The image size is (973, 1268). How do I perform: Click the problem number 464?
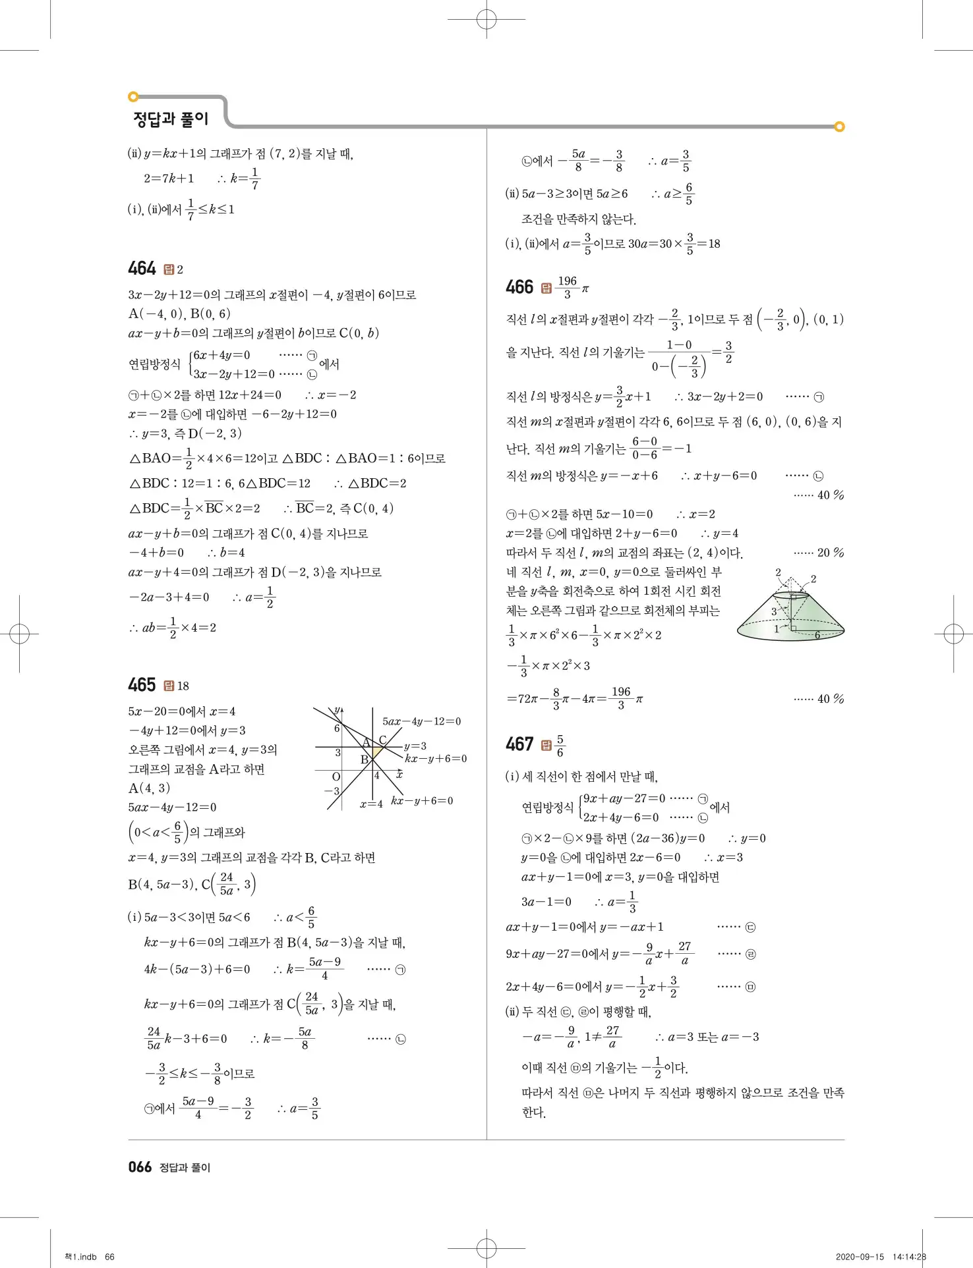coord(142,269)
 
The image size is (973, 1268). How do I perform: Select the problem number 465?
coord(142,685)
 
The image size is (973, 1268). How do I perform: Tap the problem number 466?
coord(519,287)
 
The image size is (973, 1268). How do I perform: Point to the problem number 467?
coord(519,744)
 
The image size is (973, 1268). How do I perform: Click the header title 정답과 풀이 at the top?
coord(171,119)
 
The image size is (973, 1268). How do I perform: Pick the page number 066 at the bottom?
coord(140,1167)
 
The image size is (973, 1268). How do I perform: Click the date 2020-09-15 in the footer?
coord(860,1257)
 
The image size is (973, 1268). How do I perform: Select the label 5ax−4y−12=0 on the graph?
coord(422,721)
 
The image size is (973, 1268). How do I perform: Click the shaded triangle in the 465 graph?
coord(377,752)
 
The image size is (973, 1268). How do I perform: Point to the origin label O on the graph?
coord(336,777)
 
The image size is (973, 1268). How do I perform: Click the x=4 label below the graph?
coord(371,804)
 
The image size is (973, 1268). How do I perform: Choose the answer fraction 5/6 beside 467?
coord(560,746)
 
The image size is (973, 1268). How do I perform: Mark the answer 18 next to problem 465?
coord(183,686)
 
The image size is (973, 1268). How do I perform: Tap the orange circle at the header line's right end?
coord(839,126)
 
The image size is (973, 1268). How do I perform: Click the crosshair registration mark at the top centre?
coord(486,20)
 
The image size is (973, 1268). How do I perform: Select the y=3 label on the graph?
coord(415,746)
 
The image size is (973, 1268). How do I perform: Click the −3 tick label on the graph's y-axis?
coord(332,791)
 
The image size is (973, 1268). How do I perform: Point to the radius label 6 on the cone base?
coord(817,635)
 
